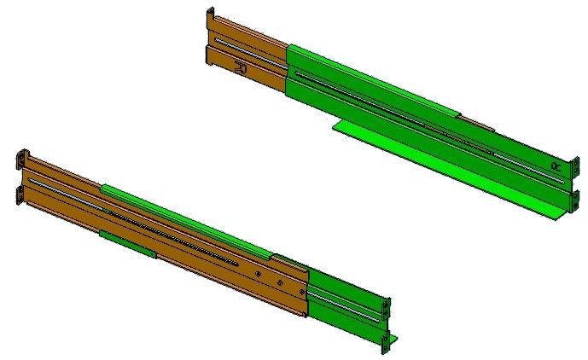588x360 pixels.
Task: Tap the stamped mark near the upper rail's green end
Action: (556, 166)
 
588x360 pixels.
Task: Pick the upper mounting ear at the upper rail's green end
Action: (569, 163)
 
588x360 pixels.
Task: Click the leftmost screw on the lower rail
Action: (258, 274)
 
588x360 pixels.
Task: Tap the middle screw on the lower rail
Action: (277, 282)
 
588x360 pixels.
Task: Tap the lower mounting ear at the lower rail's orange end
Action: (20, 195)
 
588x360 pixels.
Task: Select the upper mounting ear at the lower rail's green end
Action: (387, 308)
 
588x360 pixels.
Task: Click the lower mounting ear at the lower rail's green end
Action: (385, 342)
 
